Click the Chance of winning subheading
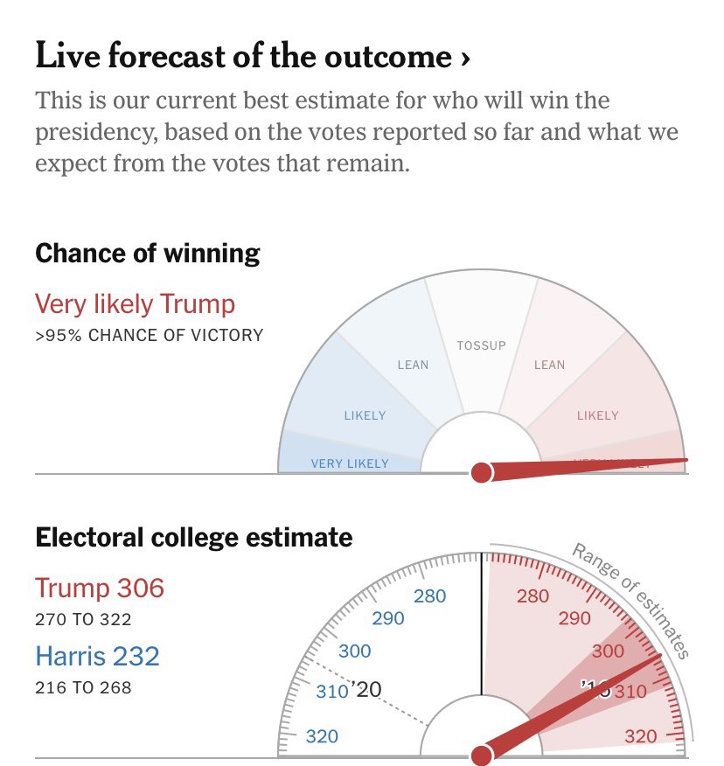(x=148, y=254)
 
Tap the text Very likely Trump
(x=136, y=304)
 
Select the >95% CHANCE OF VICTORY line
(x=149, y=335)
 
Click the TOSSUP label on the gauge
(x=481, y=345)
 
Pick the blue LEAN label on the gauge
(x=413, y=365)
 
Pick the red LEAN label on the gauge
(x=549, y=365)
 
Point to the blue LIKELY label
(x=365, y=415)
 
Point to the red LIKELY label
(x=597, y=415)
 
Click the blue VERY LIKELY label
(x=350, y=463)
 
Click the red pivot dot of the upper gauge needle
(x=481, y=473)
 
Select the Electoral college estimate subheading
(x=194, y=537)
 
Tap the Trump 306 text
(x=100, y=588)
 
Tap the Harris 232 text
(x=97, y=656)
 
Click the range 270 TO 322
(x=83, y=620)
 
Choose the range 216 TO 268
(x=83, y=688)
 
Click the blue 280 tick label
(x=429, y=597)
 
